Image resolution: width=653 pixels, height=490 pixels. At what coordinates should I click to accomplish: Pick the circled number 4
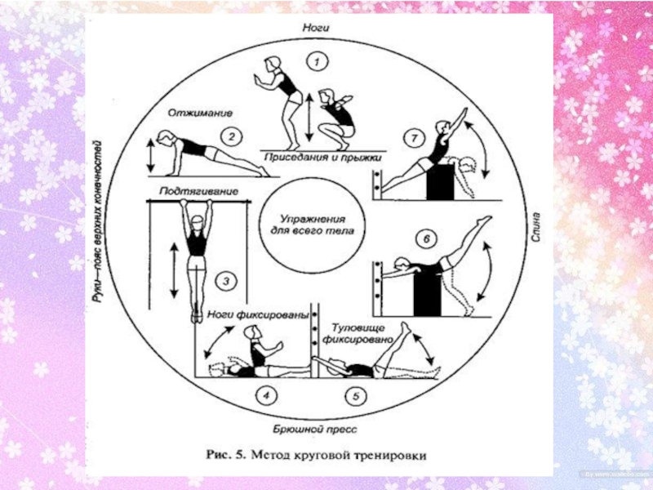pyautogui.click(x=264, y=397)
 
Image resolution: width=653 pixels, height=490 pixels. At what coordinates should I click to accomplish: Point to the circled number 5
pyautogui.click(x=353, y=397)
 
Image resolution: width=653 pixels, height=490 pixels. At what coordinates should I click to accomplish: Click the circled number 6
pyautogui.click(x=424, y=239)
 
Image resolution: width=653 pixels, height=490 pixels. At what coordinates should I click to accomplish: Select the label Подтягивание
pyautogui.click(x=193, y=191)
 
